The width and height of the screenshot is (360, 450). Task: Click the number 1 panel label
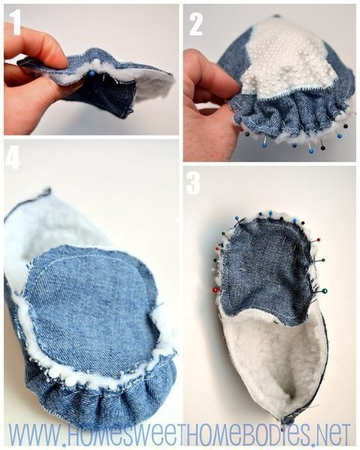point(16,22)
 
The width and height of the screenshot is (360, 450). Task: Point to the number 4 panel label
point(13,156)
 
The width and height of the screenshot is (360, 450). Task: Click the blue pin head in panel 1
point(92,74)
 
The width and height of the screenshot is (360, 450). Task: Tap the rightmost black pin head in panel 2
point(346,126)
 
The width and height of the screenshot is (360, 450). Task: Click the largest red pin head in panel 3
point(215,290)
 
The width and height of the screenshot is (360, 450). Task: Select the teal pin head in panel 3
point(324,291)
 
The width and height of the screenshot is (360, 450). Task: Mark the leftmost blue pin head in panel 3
point(238,219)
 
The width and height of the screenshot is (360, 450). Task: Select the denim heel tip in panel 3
point(288,419)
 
